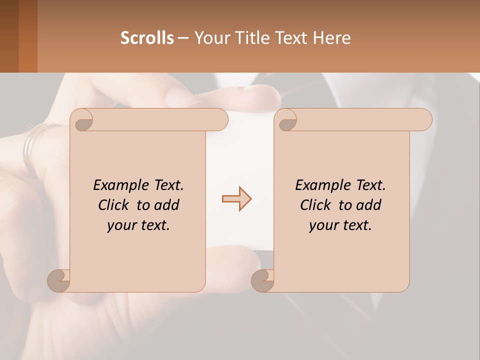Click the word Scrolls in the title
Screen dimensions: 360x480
147,38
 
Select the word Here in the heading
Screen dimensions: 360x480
332,38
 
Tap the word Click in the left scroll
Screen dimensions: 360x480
114,205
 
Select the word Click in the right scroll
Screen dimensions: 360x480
316,205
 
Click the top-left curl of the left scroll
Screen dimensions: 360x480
82,120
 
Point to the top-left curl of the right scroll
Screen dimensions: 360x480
286,120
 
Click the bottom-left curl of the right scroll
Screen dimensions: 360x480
262,280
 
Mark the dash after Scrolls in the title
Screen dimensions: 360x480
183,38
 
